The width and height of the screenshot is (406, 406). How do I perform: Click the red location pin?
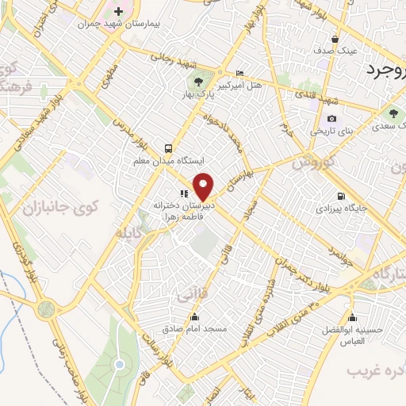[x=204, y=186]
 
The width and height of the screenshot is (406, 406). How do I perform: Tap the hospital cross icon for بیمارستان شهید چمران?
[x=119, y=12]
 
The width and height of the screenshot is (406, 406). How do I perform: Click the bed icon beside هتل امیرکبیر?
[x=240, y=74]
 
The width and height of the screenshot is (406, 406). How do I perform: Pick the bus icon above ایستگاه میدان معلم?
[x=168, y=148]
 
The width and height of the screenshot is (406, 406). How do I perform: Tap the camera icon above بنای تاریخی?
[x=331, y=119]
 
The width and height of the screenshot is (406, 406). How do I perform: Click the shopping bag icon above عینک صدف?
[x=336, y=37]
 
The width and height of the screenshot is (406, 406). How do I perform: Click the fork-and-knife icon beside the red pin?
[x=183, y=192]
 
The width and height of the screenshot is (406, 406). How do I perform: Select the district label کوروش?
[x=305, y=163]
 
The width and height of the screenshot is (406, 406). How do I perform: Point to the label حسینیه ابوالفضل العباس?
[x=352, y=335]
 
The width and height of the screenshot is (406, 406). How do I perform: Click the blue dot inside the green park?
[x=119, y=365]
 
